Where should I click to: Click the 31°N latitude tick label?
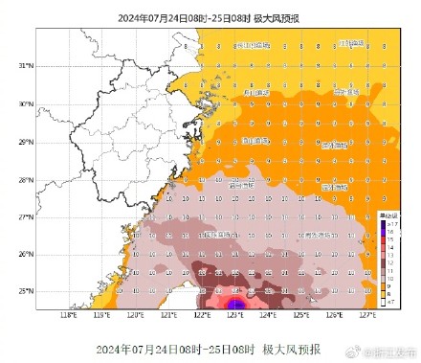(x=25, y=65)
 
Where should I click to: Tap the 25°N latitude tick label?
(x=25, y=291)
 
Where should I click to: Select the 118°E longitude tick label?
(x=68, y=315)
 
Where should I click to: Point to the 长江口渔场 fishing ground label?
(x=251, y=44)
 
